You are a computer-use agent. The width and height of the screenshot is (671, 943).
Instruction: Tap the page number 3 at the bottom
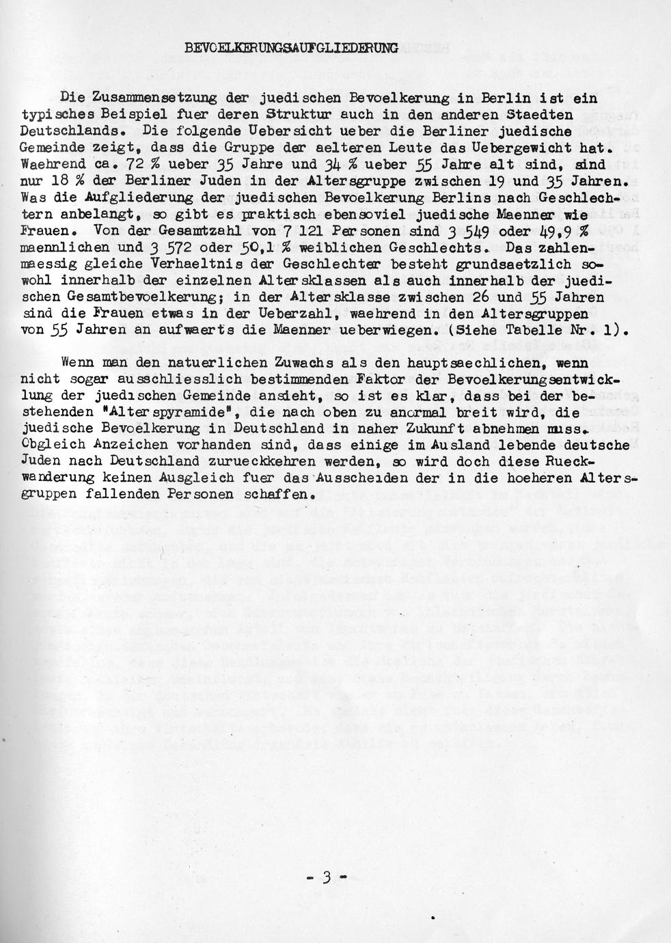point(326,877)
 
